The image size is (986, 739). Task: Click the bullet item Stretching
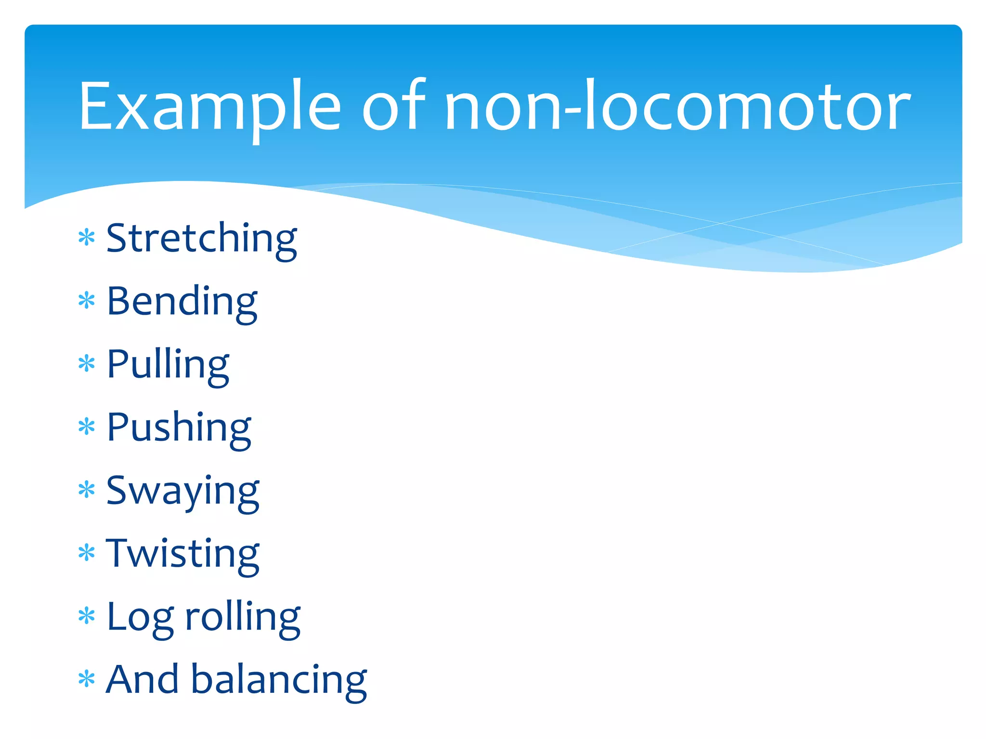201,239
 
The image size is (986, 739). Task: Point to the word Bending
182,302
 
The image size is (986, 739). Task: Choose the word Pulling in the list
168,365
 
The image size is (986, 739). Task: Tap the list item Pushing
179,428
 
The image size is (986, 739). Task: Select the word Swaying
182,491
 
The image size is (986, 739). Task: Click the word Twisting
182,554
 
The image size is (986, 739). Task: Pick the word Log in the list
140,617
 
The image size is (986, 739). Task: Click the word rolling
243,616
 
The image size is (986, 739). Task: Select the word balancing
279,680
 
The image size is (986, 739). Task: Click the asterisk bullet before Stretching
87,238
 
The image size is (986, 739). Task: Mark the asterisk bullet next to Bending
87,301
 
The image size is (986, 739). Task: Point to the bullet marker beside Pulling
87,364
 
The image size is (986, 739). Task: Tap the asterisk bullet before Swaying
87,490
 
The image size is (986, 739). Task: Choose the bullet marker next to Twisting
87,553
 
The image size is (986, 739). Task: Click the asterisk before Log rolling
87,616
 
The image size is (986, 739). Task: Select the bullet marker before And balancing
87,679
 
